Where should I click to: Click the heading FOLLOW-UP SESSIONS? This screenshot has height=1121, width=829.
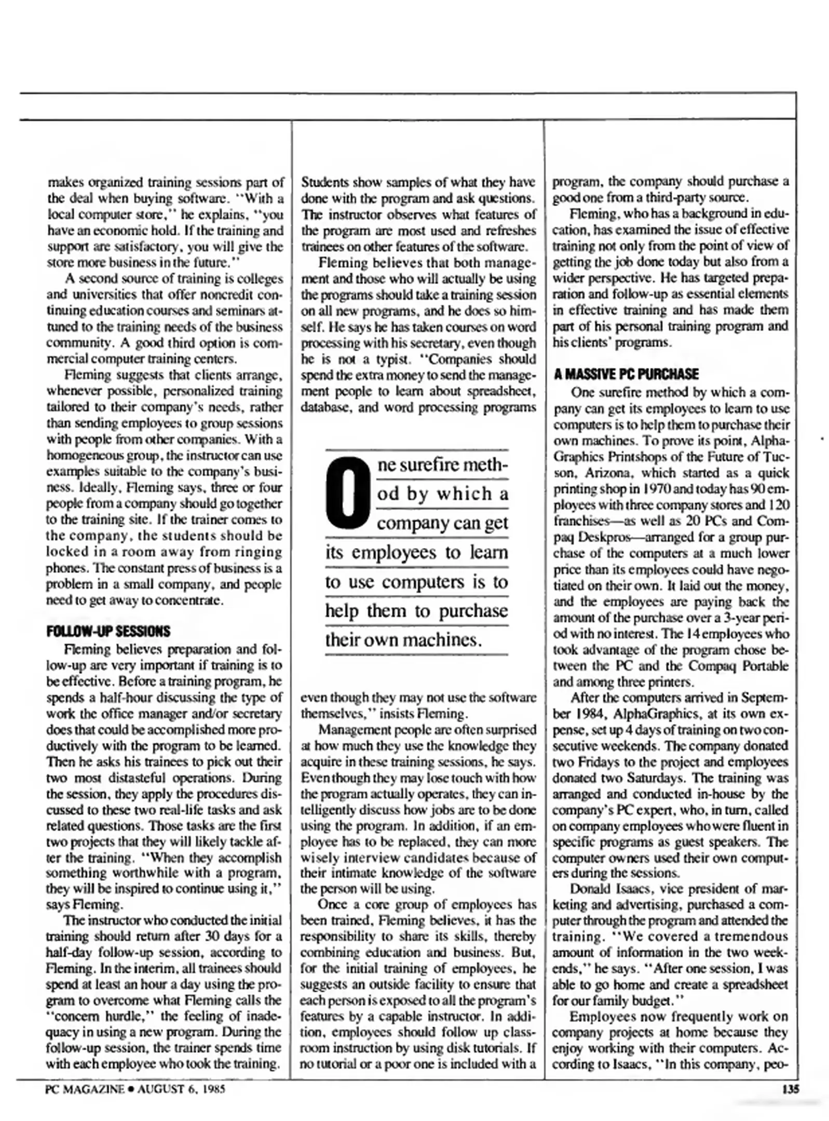tap(108, 631)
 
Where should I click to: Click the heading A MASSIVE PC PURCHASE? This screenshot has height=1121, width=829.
tap(626, 374)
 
